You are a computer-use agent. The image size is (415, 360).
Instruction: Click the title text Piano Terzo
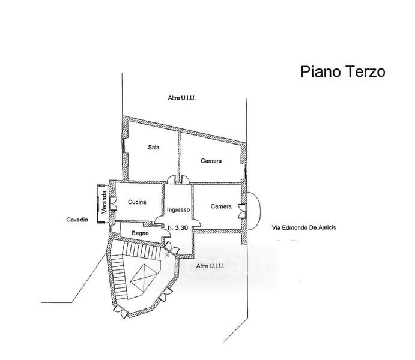pyautogui.click(x=342, y=72)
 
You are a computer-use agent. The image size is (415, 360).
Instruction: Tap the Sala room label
pyautogui.click(x=153, y=147)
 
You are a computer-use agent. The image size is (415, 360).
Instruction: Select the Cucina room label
pyautogui.click(x=137, y=202)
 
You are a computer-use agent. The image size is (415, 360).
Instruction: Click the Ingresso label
pyautogui.click(x=179, y=210)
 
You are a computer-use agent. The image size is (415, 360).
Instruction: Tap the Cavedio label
pyautogui.click(x=77, y=220)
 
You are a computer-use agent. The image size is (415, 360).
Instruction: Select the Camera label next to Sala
pyautogui.click(x=211, y=161)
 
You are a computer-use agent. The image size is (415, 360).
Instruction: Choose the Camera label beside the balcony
pyautogui.click(x=221, y=206)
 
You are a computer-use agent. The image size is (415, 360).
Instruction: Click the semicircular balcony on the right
pyautogui.click(x=253, y=208)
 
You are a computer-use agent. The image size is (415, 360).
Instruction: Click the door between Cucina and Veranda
pyautogui.click(x=114, y=203)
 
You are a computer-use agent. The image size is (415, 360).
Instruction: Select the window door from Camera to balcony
pyautogui.click(x=243, y=208)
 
